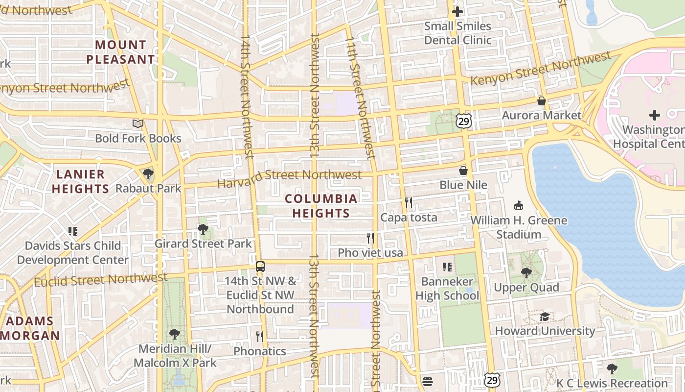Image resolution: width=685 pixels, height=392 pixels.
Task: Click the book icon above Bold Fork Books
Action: [138, 124]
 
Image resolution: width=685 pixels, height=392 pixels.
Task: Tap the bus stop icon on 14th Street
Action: [260, 267]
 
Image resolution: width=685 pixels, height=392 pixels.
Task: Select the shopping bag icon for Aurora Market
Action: [542, 101]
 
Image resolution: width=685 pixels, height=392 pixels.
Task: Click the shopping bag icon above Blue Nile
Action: [463, 171]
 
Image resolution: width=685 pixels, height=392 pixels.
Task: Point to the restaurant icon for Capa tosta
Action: [409, 203]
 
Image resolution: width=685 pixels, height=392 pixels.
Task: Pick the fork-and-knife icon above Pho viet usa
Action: [370, 238]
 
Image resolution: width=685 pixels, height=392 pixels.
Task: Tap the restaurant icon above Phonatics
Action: [260, 337]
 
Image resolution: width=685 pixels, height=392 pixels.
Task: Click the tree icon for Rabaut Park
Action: [148, 174]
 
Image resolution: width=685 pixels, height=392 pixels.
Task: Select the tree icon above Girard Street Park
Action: [203, 229]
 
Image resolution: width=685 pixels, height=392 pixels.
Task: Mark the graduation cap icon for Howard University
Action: [545, 317]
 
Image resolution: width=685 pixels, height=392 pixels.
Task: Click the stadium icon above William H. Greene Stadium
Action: [519, 206]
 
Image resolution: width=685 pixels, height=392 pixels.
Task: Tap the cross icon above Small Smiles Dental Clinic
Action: [457, 11]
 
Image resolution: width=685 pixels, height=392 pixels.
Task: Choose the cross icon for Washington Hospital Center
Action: [654, 115]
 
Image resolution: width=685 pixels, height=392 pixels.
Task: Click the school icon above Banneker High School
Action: [447, 267]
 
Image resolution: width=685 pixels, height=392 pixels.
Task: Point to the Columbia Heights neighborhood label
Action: [321, 206]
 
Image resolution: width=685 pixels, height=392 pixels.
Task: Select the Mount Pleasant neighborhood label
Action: [120, 52]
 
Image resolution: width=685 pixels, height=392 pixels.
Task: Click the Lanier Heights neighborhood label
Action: [80, 181]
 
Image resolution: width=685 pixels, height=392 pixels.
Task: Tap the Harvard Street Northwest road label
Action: [290, 178]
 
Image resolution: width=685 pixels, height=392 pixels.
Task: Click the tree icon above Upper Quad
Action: [526, 273]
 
